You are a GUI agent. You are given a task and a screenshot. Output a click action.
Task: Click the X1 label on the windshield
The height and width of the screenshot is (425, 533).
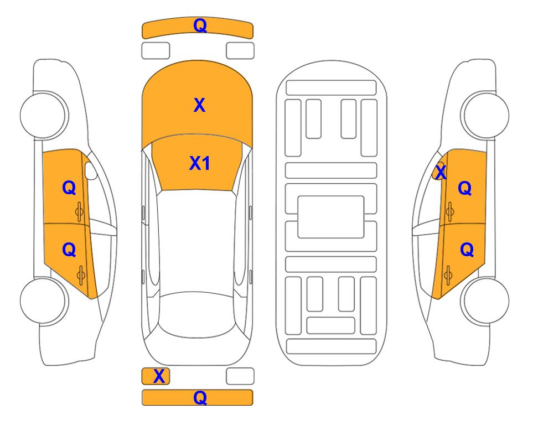click(200, 163)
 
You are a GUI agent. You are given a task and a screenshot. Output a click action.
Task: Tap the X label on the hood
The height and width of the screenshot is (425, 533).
click(200, 105)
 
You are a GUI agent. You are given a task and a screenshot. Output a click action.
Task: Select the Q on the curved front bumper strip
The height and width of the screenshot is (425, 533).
click(200, 25)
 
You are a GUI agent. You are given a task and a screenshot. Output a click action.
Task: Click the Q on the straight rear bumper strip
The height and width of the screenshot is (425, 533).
click(200, 397)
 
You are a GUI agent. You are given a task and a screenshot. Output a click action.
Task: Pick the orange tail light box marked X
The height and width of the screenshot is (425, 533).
click(156, 376)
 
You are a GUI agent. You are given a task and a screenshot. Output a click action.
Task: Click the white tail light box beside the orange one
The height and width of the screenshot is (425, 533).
click(240, 376)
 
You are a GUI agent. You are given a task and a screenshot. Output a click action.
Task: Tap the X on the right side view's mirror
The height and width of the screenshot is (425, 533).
click(441, 172)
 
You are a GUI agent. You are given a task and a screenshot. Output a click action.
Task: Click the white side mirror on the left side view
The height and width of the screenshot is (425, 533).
click(91, 170)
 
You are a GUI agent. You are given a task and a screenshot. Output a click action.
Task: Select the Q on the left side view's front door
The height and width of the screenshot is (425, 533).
click(69, 188)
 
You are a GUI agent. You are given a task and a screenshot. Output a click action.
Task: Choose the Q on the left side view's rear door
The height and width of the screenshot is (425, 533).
click(69, 250)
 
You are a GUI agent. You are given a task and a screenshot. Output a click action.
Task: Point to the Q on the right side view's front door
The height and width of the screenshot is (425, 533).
click(465, 188)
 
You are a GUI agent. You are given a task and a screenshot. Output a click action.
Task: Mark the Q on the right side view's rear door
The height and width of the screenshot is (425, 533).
click(467, 250)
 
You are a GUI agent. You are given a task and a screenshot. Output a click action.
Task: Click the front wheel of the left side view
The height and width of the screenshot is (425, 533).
click(43, 115)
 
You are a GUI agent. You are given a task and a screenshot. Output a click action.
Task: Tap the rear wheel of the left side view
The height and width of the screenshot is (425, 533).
click(43, 300)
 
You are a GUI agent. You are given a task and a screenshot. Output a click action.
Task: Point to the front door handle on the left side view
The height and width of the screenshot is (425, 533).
click(80, 211)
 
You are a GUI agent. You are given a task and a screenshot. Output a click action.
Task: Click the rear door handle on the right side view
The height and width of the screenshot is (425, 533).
click(448, 276)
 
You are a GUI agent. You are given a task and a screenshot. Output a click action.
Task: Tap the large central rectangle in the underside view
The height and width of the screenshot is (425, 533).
click(331, 217)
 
